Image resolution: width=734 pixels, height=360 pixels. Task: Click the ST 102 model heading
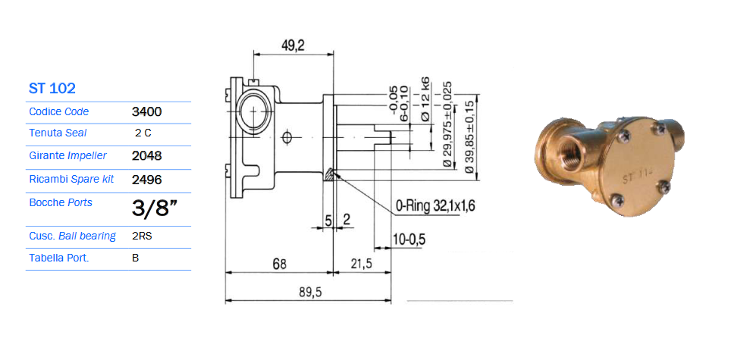[x=52, y=88]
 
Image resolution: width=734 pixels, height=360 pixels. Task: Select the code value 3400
[x=147, y=112]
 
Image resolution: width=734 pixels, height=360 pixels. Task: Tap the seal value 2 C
[x=143, y=133]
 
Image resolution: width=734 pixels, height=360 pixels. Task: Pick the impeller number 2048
[x=147, y=156]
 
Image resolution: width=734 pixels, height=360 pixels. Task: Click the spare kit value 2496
[x=147, y=180]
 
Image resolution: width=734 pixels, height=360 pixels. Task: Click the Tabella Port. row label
[x=59, y=258]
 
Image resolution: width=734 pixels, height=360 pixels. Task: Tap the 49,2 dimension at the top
[x=293, y=45]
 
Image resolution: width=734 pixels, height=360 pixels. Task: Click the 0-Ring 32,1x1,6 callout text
[x=435, y=206]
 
